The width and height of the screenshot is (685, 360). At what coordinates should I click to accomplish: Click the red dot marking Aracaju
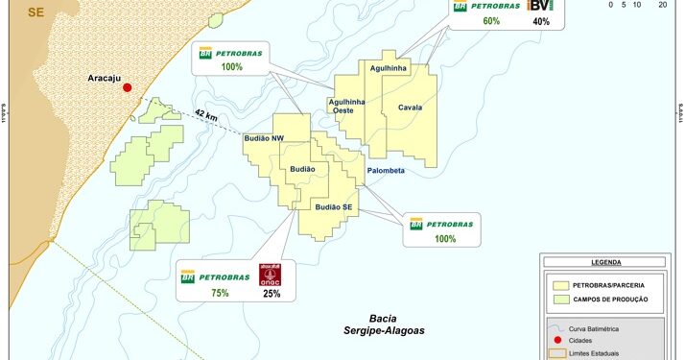pos(126,85)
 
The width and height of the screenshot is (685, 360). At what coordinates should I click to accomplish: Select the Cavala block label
pos(411,108)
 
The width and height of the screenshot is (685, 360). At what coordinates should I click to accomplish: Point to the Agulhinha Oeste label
pos(347,106)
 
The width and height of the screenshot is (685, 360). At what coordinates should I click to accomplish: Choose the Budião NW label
pos(264,139)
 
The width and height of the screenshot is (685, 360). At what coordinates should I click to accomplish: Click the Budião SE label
pos(335,206)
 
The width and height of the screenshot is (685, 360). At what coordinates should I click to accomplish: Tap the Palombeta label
pos(386,171)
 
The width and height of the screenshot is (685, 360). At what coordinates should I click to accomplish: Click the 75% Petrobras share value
pos(220,293)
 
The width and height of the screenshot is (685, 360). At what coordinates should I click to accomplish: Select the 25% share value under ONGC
pos(271,293)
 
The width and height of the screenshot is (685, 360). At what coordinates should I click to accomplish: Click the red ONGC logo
pos(271,274)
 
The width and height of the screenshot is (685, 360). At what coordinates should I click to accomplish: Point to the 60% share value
pos(491,21)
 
